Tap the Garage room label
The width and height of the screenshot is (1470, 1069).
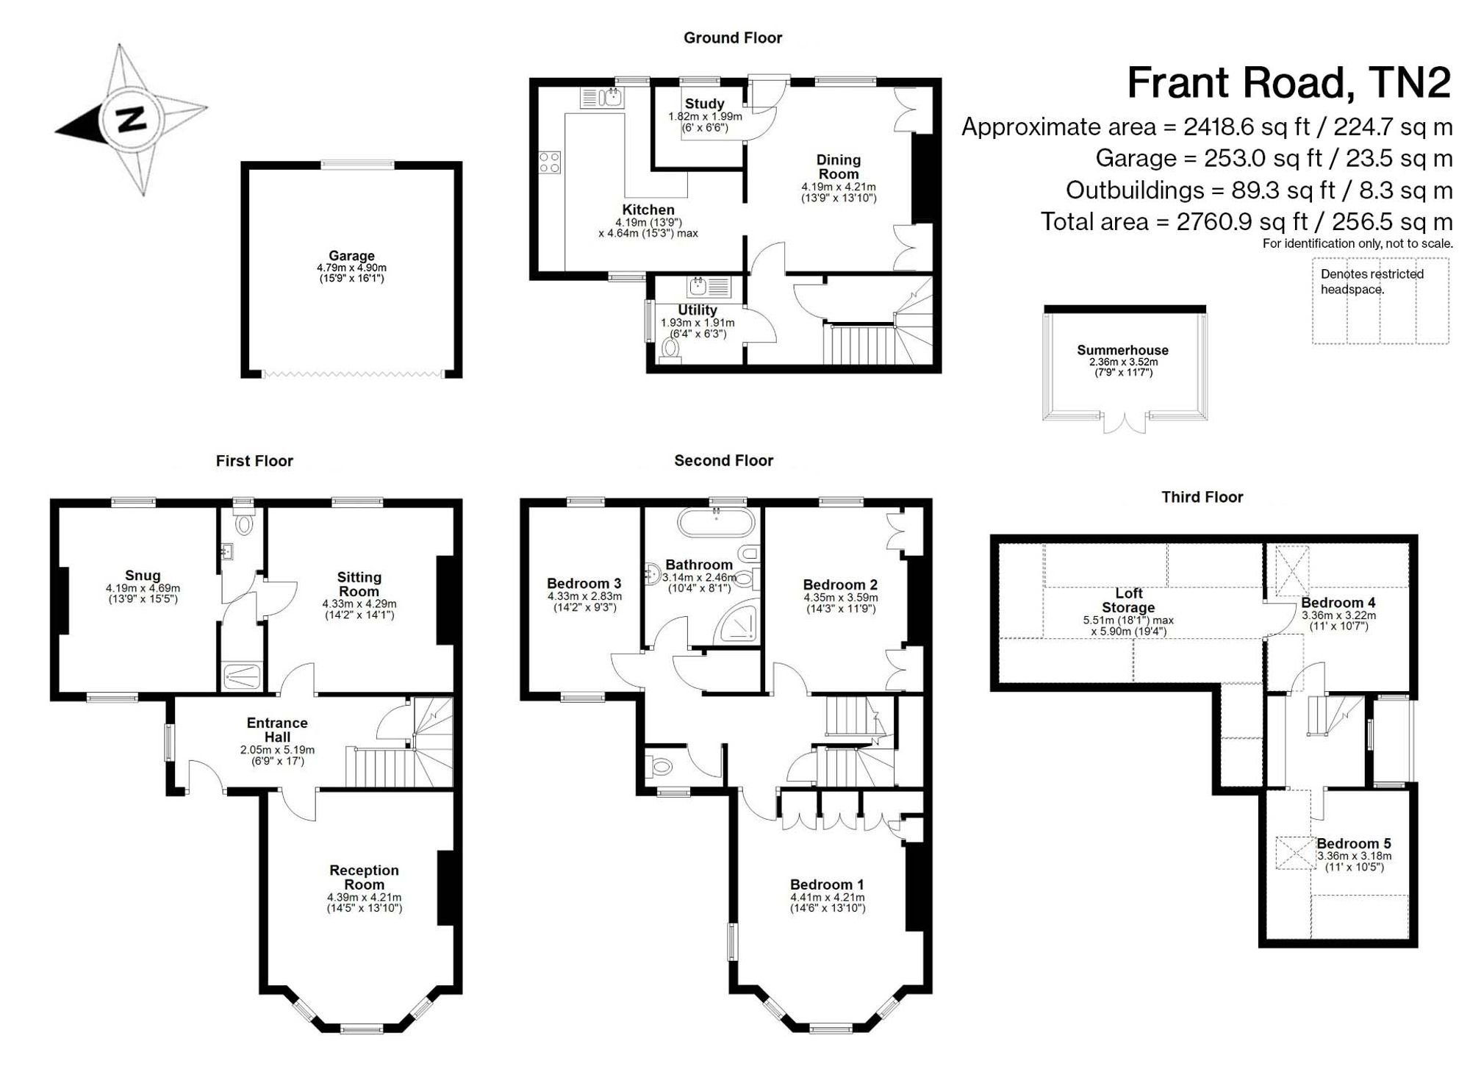click(x=351, y=256)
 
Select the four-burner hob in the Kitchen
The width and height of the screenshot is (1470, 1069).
click(x=550, y=162)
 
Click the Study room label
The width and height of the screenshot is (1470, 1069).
click(x=704, y=104)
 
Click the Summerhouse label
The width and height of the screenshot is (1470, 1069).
click(x=1122, y=350)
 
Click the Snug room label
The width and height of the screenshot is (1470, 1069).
click(x=143, y=576)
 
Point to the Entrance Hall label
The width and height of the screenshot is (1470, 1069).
click(x=277, y=730)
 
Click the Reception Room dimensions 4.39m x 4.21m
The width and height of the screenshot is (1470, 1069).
click(x=365, y=898)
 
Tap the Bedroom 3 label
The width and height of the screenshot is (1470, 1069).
click(x=584, y=584)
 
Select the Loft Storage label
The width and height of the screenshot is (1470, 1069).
click(x=1128, y=600)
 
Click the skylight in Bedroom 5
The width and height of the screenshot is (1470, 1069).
click(x=1295, y=853)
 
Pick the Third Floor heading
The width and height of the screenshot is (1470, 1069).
click(x=1202, y=497)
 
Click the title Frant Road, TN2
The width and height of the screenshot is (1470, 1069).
click(x=1289, y=82)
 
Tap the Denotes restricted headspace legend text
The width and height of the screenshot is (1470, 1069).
click(x=1372, y=282)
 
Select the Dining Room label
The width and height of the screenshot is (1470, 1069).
click(x=838, y=167)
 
